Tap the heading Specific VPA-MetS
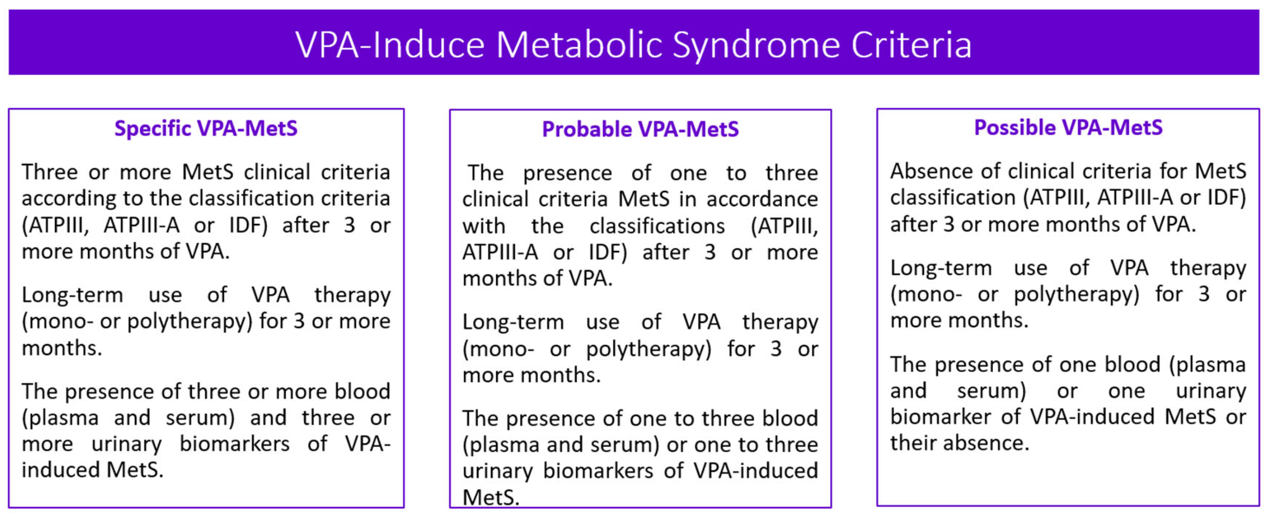point(206,128)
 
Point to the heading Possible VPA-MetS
point(1068,128)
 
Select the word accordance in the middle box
point(762,199)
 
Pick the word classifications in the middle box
point(657,227)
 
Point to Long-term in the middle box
point(513,322)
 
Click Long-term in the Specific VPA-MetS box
point(72,295)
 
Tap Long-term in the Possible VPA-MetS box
point(941,268)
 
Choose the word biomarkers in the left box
point(234,444)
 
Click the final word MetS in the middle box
point(490,498)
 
